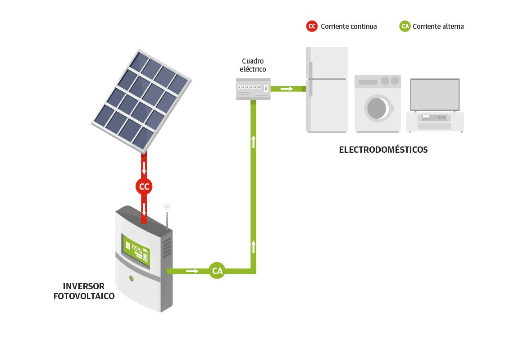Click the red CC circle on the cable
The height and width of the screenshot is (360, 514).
click(144, 186)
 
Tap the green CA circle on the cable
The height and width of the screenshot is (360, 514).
click(217, 271)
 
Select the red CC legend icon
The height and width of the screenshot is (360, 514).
click(312, 26)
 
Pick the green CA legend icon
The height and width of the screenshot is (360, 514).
click(405, 26)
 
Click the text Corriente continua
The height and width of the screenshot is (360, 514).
click(349, 27)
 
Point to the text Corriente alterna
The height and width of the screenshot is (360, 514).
click(438, 27)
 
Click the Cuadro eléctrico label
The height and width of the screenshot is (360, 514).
click(253, 65)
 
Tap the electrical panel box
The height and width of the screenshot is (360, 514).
click(253, 88)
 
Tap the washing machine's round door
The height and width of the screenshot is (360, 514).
click(377, 108)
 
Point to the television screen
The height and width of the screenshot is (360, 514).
click(435, 95)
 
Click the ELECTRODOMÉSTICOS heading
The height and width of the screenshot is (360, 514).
click(383, 150)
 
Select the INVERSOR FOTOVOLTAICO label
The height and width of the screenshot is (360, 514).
click(84, 291)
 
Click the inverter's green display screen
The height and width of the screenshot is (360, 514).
click(136, 250)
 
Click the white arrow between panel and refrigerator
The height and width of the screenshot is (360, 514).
click(287, 89)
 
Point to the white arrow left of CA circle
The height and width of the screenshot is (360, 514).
click(192, 271)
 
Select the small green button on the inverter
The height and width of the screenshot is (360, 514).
click(131, 278)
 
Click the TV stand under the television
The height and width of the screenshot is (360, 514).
click(434, 122)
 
